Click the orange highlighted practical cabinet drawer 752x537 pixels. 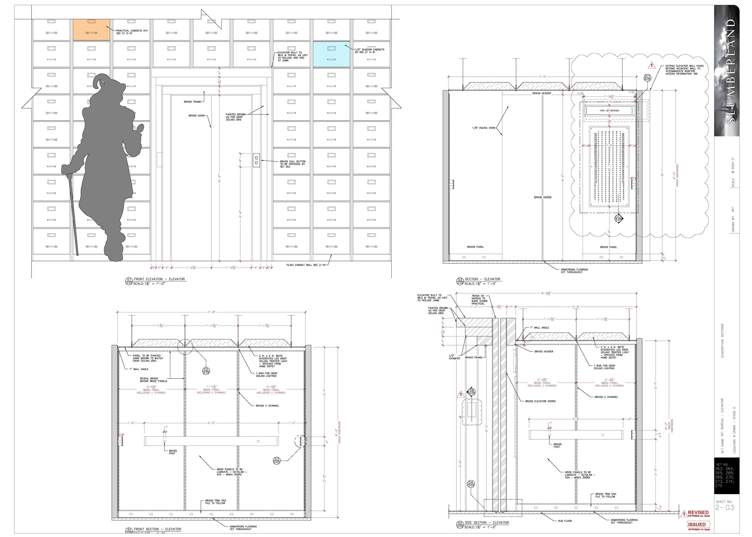[91, 30]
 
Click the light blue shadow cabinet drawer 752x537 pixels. [331, 54]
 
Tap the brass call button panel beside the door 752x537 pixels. [256, 160]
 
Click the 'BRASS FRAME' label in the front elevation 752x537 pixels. [192, 102]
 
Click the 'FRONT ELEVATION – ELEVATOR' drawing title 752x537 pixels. [159, 279]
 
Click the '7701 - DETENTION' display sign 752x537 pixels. [609, 111]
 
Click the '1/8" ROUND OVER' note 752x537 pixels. [483, 128]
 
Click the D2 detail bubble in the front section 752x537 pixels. [206, 371]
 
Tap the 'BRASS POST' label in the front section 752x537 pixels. [173, 452]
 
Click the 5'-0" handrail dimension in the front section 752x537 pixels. [211, 423]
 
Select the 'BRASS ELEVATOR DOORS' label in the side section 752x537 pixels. [540, 401]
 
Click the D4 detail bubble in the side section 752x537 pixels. [471, 484]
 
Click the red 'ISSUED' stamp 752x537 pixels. [697, 524]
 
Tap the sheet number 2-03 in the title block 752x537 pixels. [725, 508]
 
